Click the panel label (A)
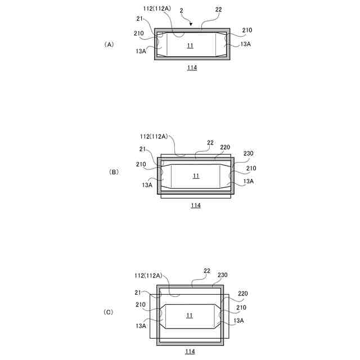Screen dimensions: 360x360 click(x=109, y=44)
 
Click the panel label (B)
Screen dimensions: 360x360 click(x=114, y=172)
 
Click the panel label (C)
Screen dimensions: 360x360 click(x=108, y=312)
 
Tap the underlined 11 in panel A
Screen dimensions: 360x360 click(x=190, y=46)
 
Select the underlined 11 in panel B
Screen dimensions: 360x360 click(x=196, y=176)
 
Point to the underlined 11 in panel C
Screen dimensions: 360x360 click(x=190, y=316)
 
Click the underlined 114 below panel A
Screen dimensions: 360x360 click(x=192, y=67)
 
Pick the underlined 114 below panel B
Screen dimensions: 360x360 click(x=196, y=205)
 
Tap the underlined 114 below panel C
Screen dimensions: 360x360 click(x=190, y=351)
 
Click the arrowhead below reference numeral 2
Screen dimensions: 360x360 click(x=191, y=24)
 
